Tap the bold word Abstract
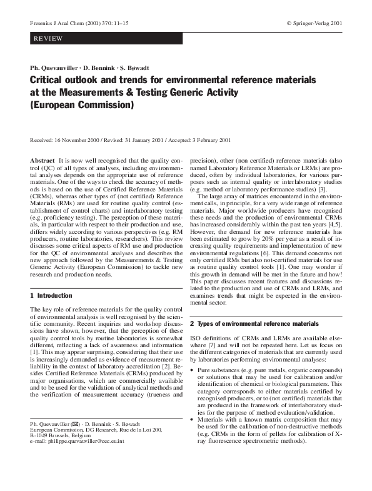43,161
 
